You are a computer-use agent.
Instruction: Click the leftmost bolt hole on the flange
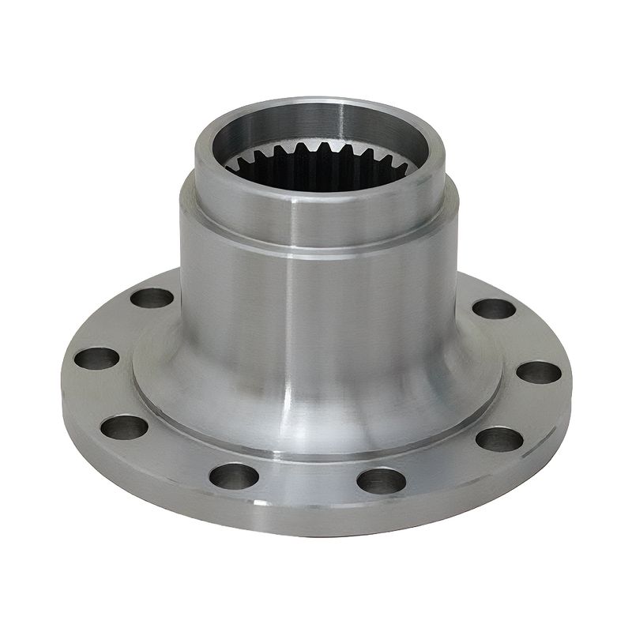(x=96, y=358)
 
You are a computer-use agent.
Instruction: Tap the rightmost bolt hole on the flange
(x=539, y=371)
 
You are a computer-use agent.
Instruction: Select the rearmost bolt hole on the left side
(x=152, y=298)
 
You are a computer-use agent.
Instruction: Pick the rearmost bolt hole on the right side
(x=495, y=308)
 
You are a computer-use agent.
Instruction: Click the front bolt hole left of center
(x=235, y=475)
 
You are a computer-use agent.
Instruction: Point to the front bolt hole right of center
(x=381, y=480)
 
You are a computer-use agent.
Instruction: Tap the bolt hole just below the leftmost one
(x=124, y=427)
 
